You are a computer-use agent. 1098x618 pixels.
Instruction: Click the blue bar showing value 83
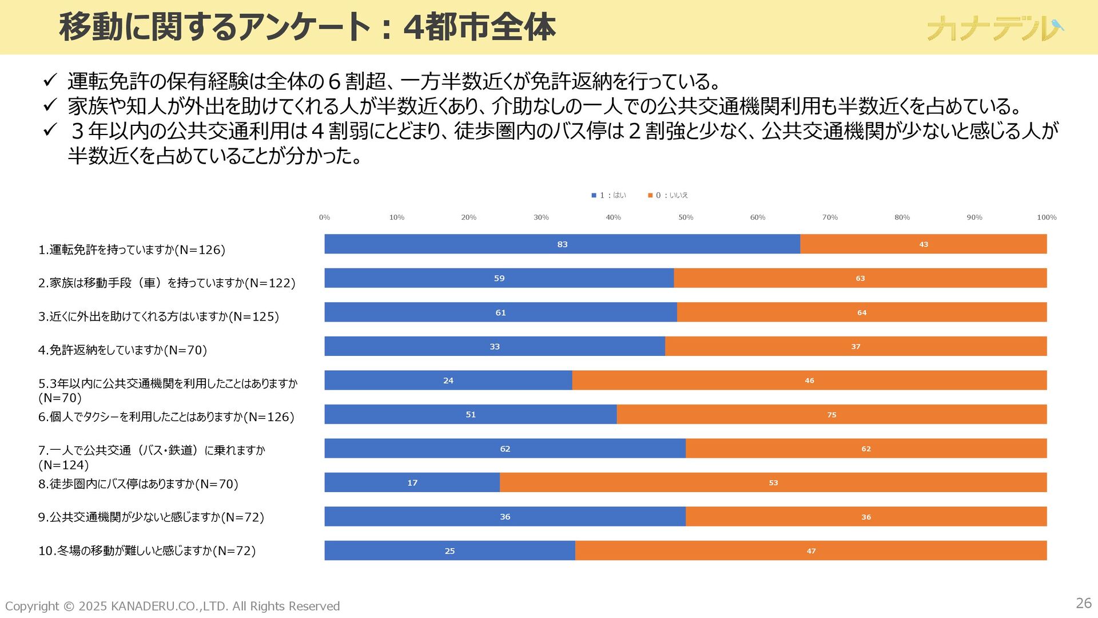(562, 244)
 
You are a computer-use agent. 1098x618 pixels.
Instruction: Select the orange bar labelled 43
(923, 244)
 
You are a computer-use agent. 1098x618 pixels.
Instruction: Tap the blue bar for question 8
(412, 482)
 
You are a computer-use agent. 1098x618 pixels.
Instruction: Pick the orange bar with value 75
(832, 414)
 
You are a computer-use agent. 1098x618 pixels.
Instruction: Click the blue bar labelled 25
(449, 550)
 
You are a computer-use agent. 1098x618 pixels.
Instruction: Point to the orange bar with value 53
(773, 482)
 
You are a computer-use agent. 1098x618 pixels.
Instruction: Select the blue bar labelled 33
(495, 346)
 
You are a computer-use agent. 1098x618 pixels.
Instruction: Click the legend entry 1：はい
(609, 195)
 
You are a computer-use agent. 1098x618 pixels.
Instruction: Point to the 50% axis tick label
(685, 217)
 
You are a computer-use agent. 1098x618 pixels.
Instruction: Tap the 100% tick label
(1047, 217)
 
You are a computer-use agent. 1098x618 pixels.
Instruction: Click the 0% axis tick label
(324, 217)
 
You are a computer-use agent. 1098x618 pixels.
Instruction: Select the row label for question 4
(122, 350)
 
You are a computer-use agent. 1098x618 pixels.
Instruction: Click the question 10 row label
(147, 550)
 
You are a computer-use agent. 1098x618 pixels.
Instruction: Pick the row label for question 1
(132, 249)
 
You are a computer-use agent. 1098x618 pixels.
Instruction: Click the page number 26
(1083, 603)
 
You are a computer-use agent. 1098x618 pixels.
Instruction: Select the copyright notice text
(172, 606)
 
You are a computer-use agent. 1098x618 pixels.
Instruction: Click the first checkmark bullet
(50, 81)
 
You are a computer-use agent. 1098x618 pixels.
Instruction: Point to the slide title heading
(307, 27)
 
